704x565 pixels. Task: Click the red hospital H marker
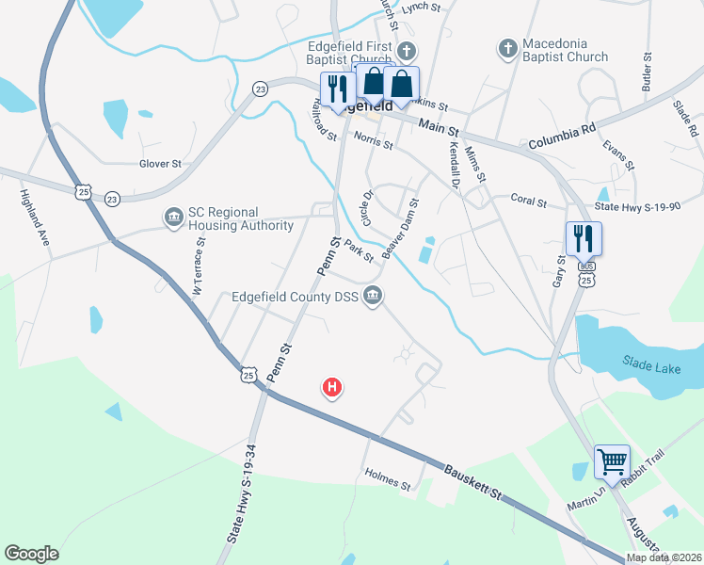331,386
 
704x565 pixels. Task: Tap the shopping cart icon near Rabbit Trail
612,462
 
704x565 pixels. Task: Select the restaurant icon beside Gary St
584,238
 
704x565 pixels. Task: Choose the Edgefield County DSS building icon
374,298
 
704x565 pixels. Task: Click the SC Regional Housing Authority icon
173,218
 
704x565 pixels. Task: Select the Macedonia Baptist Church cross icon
505,46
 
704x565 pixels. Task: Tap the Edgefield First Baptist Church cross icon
407,50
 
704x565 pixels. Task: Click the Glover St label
160,163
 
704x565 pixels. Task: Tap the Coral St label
528,199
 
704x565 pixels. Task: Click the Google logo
31,553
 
